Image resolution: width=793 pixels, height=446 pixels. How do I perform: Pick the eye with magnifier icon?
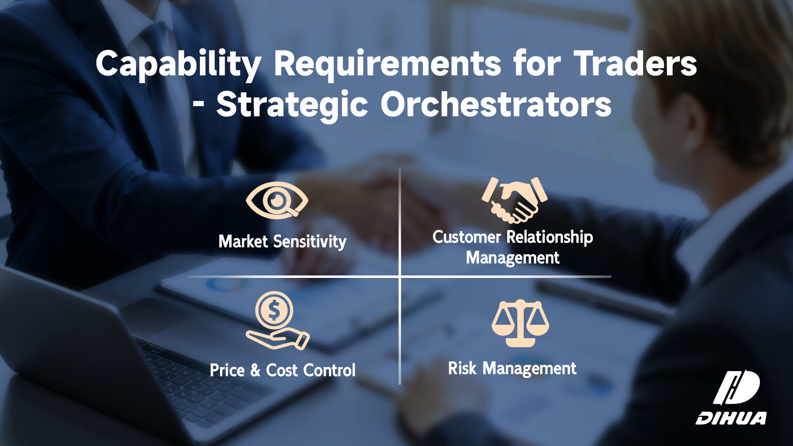point(277,200)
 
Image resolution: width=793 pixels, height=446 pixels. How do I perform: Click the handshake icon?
point(514,200)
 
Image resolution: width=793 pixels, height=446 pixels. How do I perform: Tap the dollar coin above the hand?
point(274,310)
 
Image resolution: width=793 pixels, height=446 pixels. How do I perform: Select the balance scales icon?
point(520,323)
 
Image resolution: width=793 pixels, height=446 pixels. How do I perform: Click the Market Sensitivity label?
point(283,242)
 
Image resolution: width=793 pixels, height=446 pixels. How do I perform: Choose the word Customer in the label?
point(467,237)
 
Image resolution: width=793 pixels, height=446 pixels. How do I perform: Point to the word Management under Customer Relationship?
point(513,258)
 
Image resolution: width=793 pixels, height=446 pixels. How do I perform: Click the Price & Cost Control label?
point(283,370)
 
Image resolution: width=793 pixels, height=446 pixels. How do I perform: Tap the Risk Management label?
point(512,368)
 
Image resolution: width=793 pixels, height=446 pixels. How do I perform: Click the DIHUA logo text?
point(731,418)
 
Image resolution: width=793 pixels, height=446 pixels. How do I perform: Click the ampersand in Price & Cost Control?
point(255,370)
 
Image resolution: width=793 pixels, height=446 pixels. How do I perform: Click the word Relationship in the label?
point(550,237)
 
